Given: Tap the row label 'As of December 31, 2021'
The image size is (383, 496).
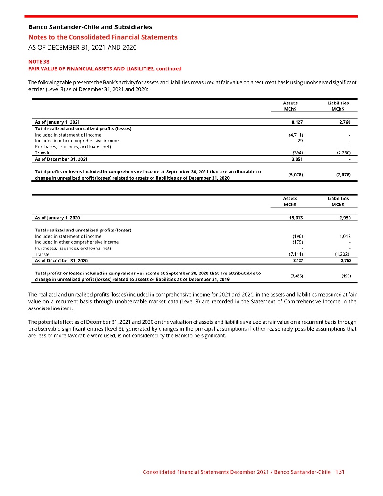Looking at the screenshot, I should click(x=61, y=159).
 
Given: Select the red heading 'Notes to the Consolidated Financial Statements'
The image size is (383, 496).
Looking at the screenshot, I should click(x=103, y=37).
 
